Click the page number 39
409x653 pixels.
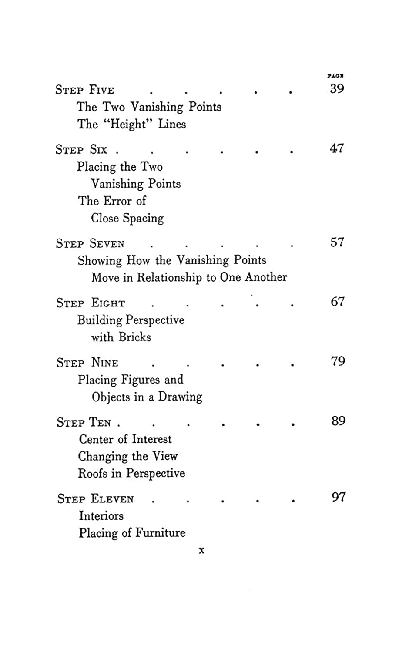337,89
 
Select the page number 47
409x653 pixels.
337,148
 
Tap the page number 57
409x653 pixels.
337,242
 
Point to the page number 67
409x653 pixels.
338,302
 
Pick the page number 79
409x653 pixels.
338,361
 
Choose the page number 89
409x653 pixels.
339,421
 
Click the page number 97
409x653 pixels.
339,497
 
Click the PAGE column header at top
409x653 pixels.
335,76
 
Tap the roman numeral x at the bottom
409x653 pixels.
201,550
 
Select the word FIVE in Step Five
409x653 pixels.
102,90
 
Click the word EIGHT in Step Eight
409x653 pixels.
108,303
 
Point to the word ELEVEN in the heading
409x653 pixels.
112,499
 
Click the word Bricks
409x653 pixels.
135,337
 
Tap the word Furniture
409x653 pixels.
160,533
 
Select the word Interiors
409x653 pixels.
101,516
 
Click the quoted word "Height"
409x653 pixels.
131,124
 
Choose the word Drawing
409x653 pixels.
180,397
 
